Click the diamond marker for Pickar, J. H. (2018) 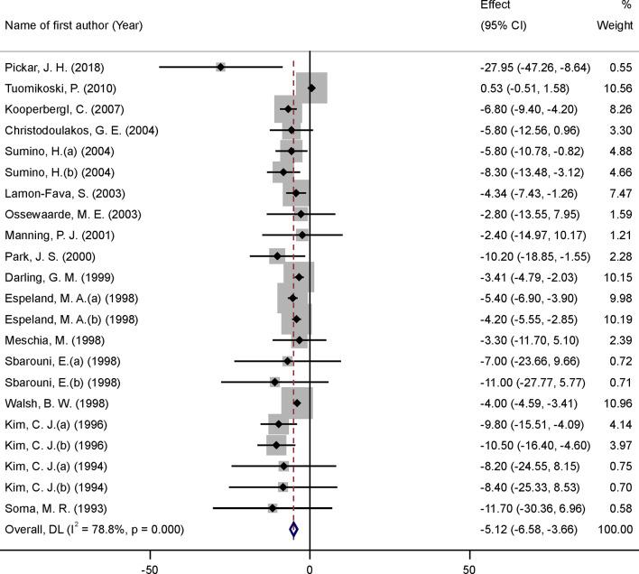coord(220,67)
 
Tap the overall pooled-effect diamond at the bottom coord(293,530)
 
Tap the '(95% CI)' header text coord(505,24)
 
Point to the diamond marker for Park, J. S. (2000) coord(277,256)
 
